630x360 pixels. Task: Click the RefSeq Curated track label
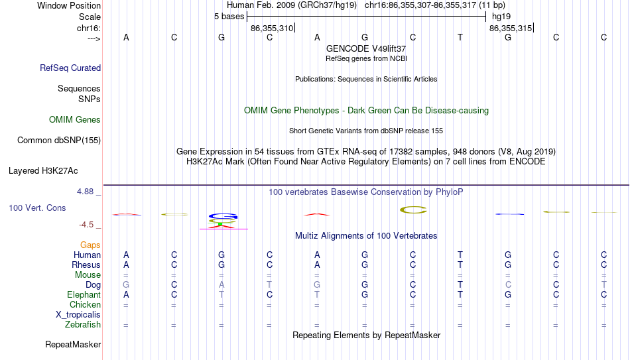[70, 68]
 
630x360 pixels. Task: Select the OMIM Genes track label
[75, 120]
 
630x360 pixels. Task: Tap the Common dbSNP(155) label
[59, 141]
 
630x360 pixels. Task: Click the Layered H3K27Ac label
[43, 171]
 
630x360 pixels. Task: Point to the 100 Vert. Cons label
[37, 208]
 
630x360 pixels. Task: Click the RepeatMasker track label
[73, 344]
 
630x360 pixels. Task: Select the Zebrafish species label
[83, 324]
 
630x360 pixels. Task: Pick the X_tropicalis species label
[78, 315]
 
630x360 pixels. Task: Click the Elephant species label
[84, 294]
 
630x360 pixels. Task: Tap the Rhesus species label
[86, 265]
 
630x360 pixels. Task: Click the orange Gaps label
[90, 245]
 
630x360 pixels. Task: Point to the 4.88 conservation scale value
[85, 192]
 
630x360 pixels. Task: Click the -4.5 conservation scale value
[86, 225]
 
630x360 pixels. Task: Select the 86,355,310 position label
[272, 28]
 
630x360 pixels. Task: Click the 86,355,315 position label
[511, 28]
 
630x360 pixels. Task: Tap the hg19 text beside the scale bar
[501, 17]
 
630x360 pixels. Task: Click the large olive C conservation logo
[413, 210]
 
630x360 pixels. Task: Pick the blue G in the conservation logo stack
[223, 216]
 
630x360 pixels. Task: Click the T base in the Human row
[460, 255]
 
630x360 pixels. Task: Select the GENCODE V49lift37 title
[366, 48]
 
